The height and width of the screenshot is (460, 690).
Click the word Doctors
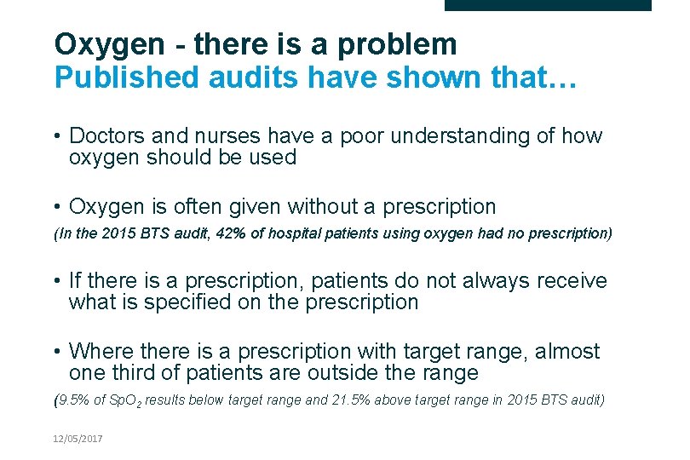click(105, 136)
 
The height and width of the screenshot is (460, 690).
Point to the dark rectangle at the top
click(548, 5)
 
